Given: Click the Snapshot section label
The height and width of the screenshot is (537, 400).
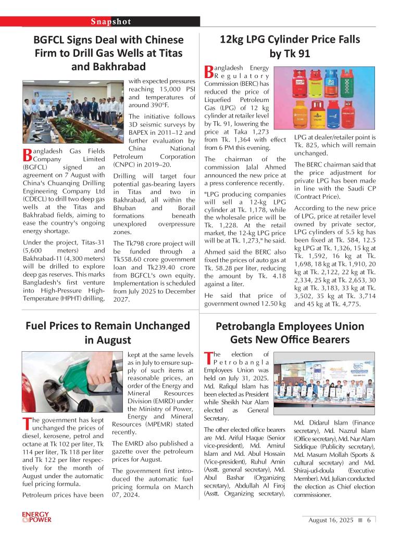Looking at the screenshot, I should [111, 21].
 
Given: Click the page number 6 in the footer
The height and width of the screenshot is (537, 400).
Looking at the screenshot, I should [368, 520].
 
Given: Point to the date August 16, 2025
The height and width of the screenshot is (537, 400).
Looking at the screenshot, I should [331, 520].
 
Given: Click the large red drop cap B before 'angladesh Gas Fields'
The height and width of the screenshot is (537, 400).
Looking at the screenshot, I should [28, 155].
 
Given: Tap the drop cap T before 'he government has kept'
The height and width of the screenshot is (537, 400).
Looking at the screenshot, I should [27, 423].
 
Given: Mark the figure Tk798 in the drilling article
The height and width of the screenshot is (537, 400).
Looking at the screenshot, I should [135, 243].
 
